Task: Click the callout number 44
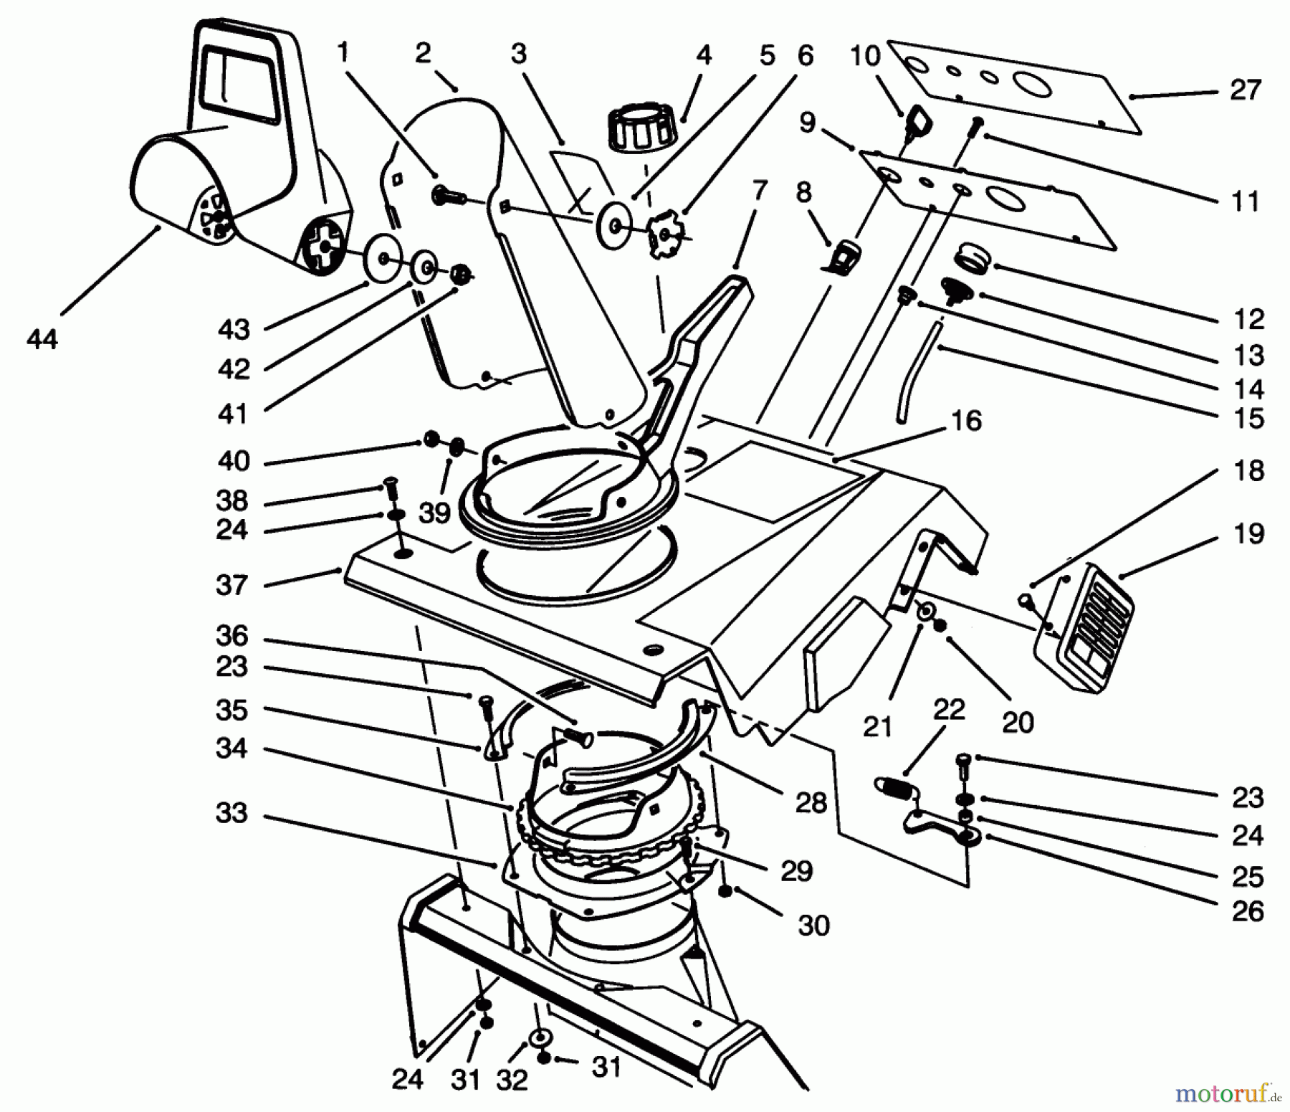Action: pyautogui.click(x=42, y=338)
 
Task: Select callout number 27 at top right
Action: pyautogui.click(x=1245, y=90)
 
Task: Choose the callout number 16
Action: pyautogui.click(x=966, y=420)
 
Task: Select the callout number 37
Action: pyautogui.click(x=231, y=585)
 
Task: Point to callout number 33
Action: pyautogui.click(x=231, y=812)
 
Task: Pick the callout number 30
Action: pyautogui.click(x=813, y=925)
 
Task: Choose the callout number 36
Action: pyautogui.click(x=231, y=635)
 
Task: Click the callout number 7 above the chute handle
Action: pyautogui.click(x=759, y=191)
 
